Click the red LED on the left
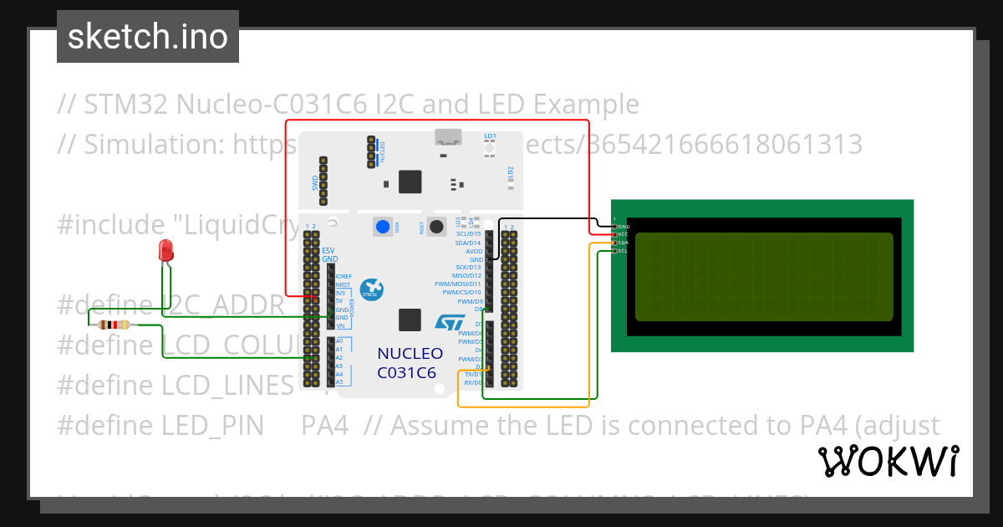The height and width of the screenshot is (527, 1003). [165, 249]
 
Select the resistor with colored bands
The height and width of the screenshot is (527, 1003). [114, 325]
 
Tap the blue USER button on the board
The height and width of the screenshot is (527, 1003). [383, 226]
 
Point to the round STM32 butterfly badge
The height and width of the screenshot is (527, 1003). [370, 290]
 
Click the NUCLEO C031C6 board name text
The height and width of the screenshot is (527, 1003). [410, 363]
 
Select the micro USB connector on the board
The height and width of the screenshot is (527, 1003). [447, 139]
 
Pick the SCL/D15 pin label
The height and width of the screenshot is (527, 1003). [468, 234]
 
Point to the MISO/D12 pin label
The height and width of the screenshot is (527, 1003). [466, 275]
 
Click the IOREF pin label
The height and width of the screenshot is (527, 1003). [344, 276]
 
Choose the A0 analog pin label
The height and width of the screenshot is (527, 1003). [339, 341]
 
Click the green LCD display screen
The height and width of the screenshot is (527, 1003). [764, 277]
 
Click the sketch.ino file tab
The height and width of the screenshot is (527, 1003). [148, 37]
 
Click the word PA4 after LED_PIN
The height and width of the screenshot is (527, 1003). [324, 426]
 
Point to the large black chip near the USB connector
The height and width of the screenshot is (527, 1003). [410, 182]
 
